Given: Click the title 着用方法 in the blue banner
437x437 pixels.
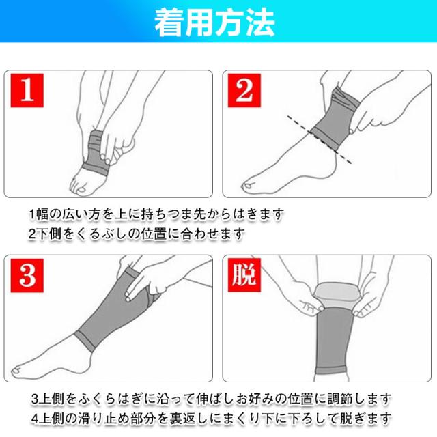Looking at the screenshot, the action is [x=214, y=23].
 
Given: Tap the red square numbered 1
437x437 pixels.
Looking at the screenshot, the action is [x=27, y=90].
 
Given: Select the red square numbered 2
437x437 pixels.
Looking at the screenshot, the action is [x=244, y=90].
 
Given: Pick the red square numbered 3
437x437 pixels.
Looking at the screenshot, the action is [x=27, y=275].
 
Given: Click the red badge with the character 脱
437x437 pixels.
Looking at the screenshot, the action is [x=244, y=274].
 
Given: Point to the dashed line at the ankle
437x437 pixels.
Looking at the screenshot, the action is [x=320, y=139].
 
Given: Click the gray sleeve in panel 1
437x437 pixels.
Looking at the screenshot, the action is [x=96, y=153].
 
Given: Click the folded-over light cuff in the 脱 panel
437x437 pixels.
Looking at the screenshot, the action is [x=335, y=294].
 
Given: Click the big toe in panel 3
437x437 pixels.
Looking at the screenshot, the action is [x=17, y=371].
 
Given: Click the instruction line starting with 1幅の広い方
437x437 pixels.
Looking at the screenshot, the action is [x=156, y=214].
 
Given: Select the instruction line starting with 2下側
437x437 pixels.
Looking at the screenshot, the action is [x=137, y=234].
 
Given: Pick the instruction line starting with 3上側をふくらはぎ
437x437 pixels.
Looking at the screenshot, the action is [x=211, y=399].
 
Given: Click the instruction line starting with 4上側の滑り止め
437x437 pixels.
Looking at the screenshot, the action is [x=211, y=419].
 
